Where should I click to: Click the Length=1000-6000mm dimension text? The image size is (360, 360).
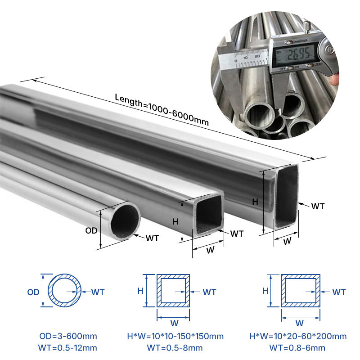(162, 110)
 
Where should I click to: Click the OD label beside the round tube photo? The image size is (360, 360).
(91, 230)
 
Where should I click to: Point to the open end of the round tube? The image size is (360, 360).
(125, 221)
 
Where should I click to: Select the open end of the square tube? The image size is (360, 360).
(209, 213)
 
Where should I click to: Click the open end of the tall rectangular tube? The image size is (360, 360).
(287, 196)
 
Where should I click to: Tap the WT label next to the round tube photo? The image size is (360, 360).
(152, 238)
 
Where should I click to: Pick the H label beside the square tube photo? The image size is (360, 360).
(175, 221)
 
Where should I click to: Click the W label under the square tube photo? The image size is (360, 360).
(210, 250)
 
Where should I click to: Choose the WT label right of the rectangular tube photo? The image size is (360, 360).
(318, 206)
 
